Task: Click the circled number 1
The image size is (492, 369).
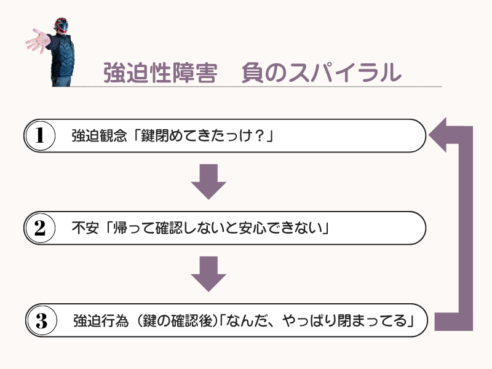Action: pos(40,136)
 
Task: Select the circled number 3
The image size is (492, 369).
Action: pos(41,321)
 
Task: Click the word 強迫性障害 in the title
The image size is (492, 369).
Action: pos(160,73)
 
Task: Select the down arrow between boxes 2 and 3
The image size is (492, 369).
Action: pos(208,274)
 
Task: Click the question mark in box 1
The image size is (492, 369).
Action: pos(259,136)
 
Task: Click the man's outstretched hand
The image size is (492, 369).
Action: pos(37,42)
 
